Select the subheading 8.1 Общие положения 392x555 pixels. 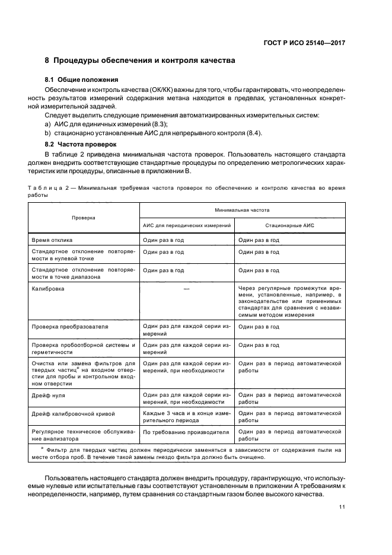coord(82,79)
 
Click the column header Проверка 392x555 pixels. coord(84,218)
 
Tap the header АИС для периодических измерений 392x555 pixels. coord(186,226)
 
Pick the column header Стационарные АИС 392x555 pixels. coord(289,226)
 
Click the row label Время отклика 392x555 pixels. coord(52,240)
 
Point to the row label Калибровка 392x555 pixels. coord(48,288)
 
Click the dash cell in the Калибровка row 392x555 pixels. coord(186,288)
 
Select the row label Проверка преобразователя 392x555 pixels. coord(69,327)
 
